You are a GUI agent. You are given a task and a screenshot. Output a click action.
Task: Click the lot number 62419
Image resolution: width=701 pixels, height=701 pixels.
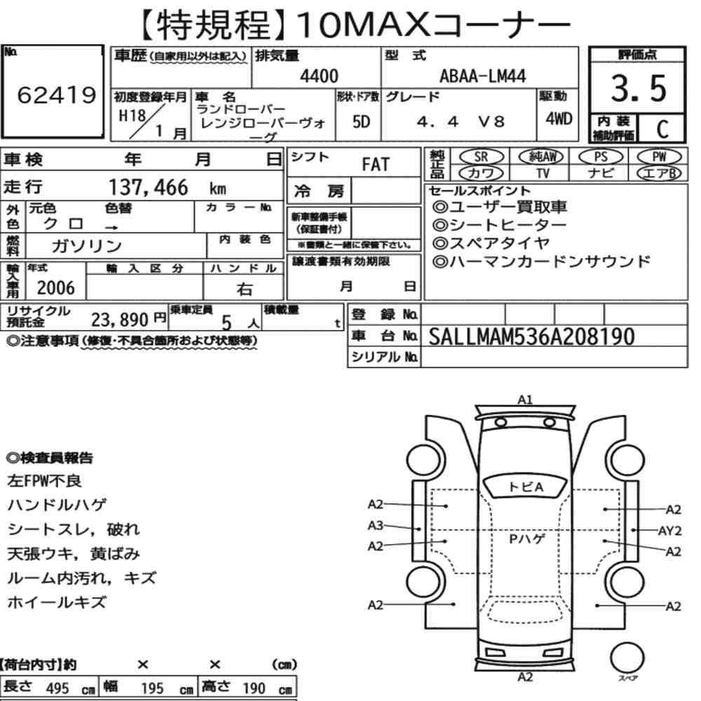tap(57, 95)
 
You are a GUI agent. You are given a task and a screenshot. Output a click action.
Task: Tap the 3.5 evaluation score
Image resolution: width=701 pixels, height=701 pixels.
tap(638, 88)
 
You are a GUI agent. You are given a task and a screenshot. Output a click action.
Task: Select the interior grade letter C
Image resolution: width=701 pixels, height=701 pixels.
tap(662, 129)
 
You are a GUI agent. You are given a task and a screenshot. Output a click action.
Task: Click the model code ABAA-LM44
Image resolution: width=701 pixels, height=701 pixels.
tap(482, 76)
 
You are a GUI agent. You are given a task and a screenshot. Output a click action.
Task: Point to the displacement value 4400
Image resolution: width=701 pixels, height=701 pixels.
tap(319, 76)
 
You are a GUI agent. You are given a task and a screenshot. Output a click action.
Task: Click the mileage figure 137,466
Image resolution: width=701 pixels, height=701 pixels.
tap(149, 187)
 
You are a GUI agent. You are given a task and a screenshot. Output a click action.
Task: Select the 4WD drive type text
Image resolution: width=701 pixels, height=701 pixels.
tap(559, 118)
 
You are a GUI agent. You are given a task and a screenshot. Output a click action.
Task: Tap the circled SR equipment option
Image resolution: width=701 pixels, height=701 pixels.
tap(482, 156)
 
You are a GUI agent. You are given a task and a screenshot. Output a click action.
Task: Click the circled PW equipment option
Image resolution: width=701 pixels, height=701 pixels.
tap(659, 156)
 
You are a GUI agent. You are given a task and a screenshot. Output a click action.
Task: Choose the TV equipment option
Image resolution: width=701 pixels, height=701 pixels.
tap(543, 173)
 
